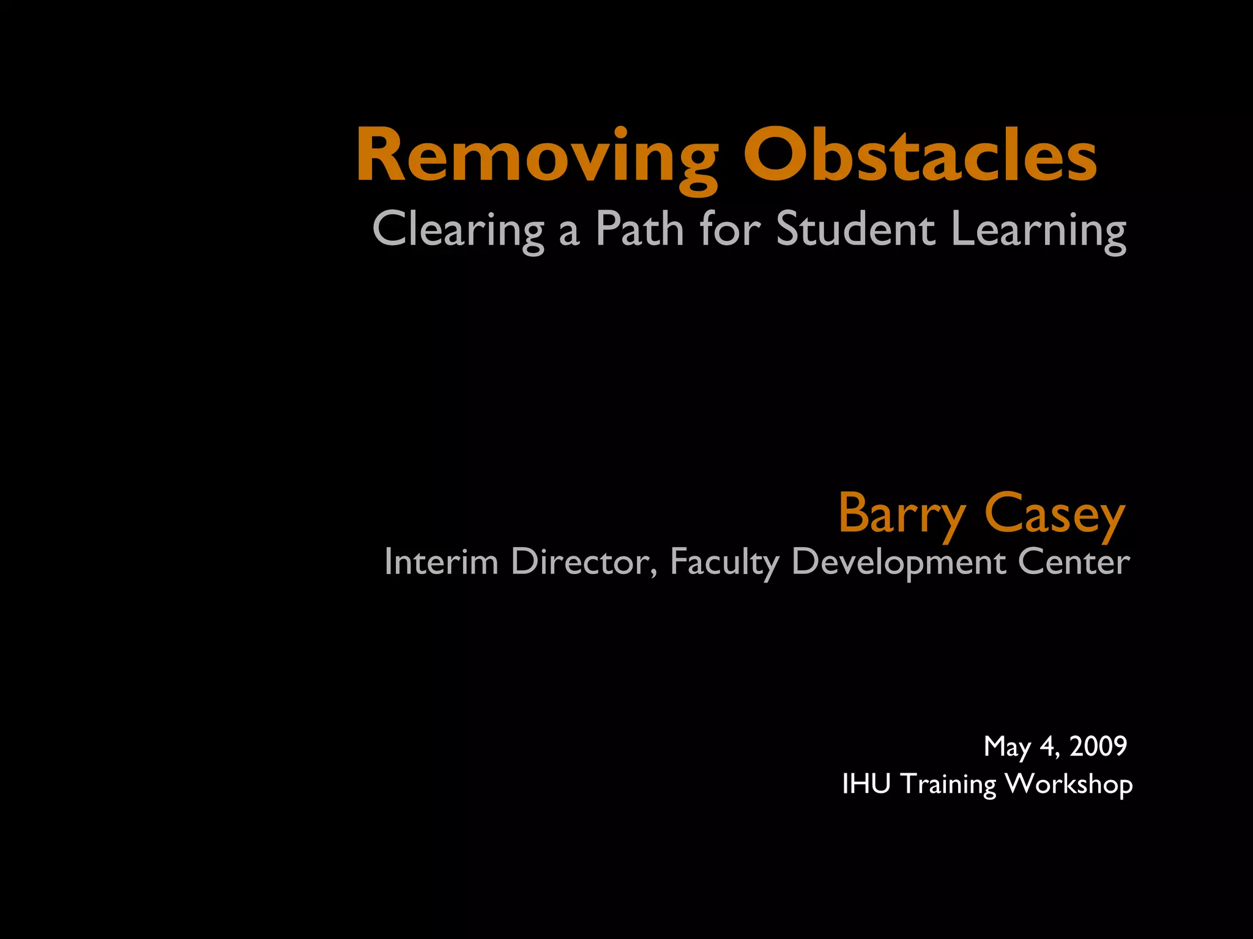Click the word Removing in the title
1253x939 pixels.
537,156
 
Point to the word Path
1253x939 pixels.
639,229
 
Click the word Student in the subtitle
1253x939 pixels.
855,229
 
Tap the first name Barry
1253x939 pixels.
902,514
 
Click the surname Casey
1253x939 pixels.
1055,514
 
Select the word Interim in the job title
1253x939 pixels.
441,561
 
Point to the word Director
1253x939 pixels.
584,561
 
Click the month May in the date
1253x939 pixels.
1007,747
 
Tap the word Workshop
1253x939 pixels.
1069,784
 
